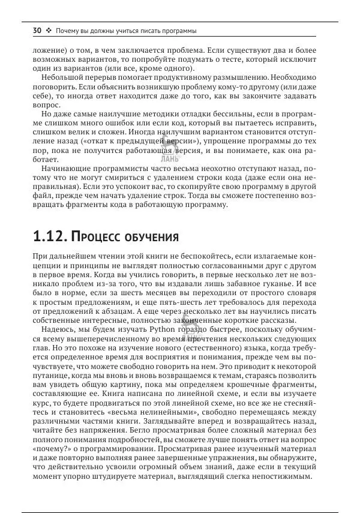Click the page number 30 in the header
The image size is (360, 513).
[x=37, y=31]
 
